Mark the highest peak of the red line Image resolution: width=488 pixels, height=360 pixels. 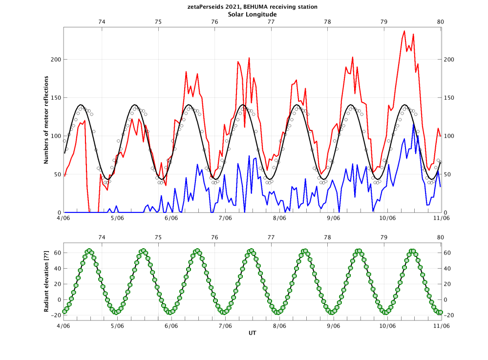[404, 31]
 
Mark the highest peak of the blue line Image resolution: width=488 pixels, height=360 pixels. [414, 124]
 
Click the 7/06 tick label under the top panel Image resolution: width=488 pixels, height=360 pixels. [225, 218]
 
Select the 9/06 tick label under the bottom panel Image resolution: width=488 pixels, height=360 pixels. [333, 325]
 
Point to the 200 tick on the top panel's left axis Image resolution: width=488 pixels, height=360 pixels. [56, 60]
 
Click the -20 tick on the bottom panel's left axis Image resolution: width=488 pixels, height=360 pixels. [56, 315]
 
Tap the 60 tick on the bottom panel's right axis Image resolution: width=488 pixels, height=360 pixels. [448, 253]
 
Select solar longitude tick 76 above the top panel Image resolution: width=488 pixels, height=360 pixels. [214, 22]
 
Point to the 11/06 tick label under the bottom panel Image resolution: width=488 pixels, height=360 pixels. [442, 325]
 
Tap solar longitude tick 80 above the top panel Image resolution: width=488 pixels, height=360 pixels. [441, 22]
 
